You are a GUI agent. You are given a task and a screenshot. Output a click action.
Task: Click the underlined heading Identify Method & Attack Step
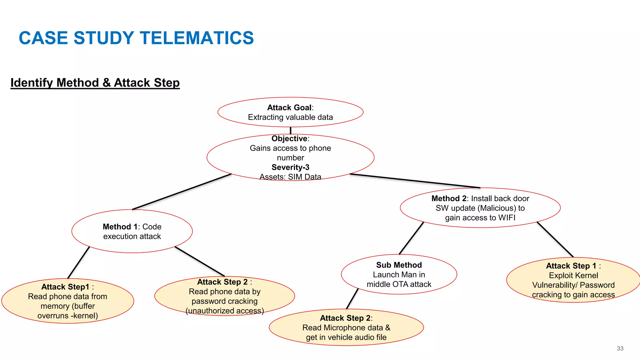[x=95, y=83]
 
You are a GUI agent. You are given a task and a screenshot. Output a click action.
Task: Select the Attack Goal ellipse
[x=290, y=112]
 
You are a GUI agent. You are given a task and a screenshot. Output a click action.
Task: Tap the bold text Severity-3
[x=290, y=167]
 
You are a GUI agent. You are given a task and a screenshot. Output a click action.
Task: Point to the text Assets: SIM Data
[x=290, y=177]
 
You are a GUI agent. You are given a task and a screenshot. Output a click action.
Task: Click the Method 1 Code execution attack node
[x=132, y=231]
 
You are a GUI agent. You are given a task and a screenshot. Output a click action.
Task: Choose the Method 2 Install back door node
[x=480, y=208]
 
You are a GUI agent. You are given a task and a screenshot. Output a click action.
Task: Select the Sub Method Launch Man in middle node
[x=399, y=274]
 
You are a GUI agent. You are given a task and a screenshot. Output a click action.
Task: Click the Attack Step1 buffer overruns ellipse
[x=67, y=301]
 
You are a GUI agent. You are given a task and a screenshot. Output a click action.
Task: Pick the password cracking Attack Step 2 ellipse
[x=224, y=296]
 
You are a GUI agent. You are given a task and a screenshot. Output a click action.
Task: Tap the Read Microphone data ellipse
[x=346, y=327]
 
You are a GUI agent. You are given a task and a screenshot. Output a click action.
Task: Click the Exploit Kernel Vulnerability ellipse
[x=573, y=280]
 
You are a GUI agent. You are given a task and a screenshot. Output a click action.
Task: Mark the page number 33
[x=620, y=348]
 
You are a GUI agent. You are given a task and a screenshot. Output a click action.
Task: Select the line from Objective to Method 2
[x=415, y=181]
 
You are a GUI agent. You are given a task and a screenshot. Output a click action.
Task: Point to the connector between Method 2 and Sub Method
[x=411, y=238]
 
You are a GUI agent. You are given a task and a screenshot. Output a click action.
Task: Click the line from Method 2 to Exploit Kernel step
[x=555, y=240]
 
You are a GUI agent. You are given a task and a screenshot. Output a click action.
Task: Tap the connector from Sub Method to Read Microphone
[x=352, y=299]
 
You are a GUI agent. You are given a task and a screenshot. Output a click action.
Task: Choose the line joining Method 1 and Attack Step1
[x=78, y=263]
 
